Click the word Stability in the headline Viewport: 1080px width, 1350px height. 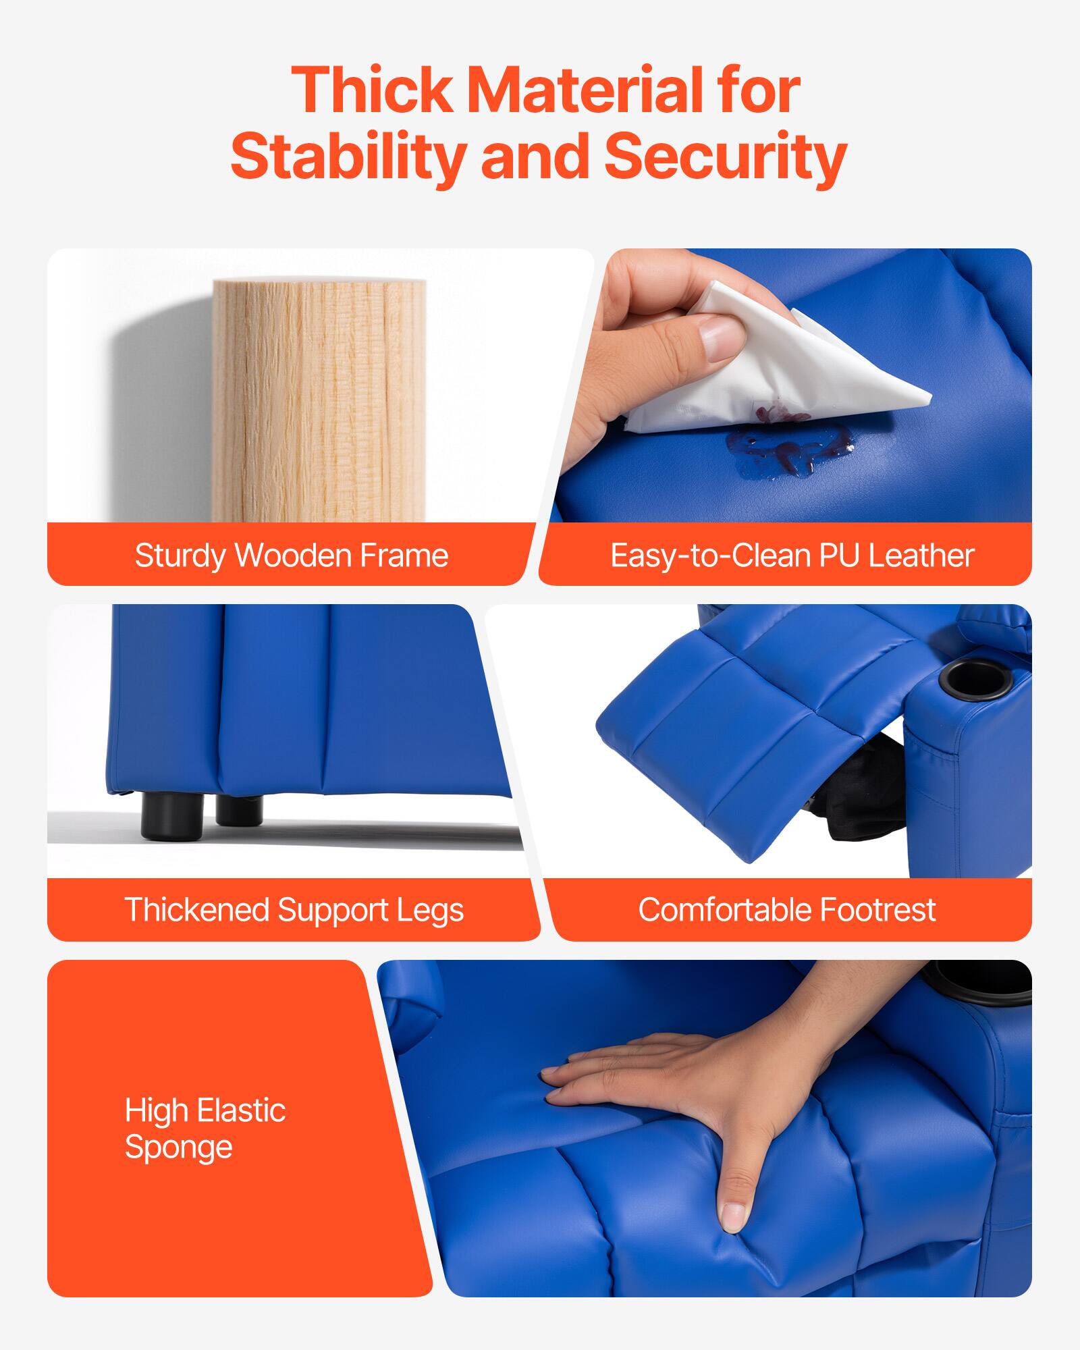(x=347, y=157)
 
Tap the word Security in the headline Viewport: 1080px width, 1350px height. (x=725, y=157)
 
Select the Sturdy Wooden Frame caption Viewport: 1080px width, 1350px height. (x=291, y=556)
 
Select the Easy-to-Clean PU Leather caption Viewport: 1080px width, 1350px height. (x=791, y=556)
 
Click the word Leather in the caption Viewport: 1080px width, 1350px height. (x=921, y=556)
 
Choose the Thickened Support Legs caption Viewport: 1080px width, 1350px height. (x=294, y=909)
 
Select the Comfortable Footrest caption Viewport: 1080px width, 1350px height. (x=786, y=909)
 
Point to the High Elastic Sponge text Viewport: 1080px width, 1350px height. (x=205, y=1129)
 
